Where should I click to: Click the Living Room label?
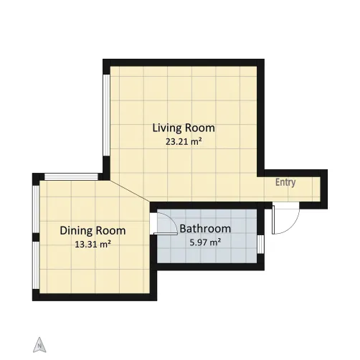pos(184,128)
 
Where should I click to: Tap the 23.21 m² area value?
pos(184,142)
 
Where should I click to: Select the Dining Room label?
pos(93,231)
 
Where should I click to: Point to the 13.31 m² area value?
pos(93,245)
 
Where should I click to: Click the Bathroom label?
pos(205,229)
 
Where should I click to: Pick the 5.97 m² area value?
pos(205,242)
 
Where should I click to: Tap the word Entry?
pos(285,182)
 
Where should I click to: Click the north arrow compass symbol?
pos(39,345)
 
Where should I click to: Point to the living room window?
pos(106,115)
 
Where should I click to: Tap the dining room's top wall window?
pos(71,177)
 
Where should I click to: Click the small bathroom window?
pos(260,245)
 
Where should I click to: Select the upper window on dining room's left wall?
pos(36,209)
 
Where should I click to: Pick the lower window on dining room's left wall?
pos(36,265)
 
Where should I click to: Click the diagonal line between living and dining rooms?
pos(130,191)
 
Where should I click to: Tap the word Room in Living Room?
pos(200,128)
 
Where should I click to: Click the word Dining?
pos(76,231)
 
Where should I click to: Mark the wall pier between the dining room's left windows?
pos(36,237)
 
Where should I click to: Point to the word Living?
pos(167,128)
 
